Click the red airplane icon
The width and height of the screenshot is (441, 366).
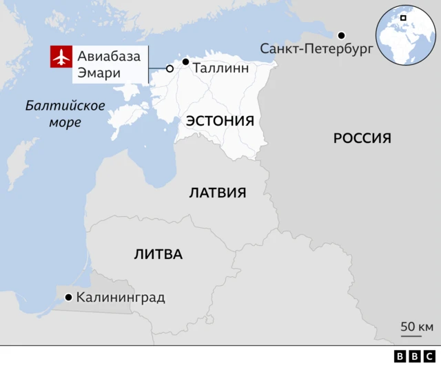pyautogui.click(x=61, y=57)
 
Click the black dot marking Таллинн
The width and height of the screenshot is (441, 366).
pyautogui.click(x=185, y=61)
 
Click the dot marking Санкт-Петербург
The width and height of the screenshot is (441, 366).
pyautogui.click(x=340, y=35)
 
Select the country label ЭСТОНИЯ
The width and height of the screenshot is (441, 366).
pyautogui.click(x=220, y=121)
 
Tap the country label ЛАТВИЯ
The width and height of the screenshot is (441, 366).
pyautogui.click(x=218, y=193)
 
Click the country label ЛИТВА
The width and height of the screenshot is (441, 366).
pyautogui.click(x=158, y=254)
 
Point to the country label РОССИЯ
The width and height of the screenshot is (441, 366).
pyautogui.click(x=362, y=138)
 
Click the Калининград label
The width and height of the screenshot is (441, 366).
pyautogui.click(x=121, y=298)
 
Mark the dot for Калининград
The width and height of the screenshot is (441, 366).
pyautogui.click(x=68, y=298)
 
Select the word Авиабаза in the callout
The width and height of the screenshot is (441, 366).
pyautogui.click(x=110, y=55)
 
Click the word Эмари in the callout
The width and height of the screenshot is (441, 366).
pyautogui.click(x=98, y=73)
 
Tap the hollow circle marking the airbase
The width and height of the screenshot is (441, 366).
pyautogui.click(x=170, y=68)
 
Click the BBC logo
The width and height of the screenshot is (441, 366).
pyautogui.click(x=412, y=356)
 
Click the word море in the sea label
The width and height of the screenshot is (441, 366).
pyautogui.click(x=65, y=123)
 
